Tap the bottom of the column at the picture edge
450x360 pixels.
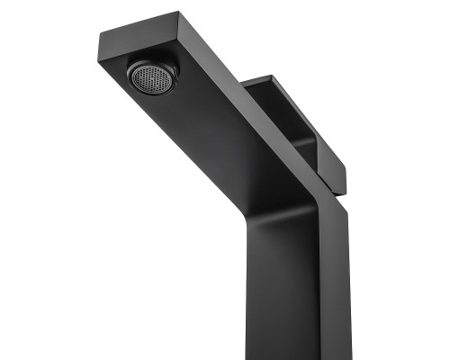click(297, 355)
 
